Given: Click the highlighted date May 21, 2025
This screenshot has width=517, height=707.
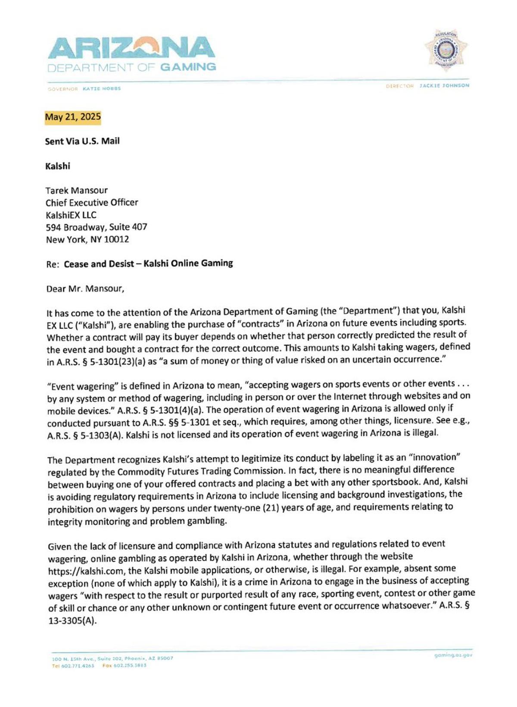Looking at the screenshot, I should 73,117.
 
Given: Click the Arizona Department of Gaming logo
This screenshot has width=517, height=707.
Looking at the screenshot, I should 131,54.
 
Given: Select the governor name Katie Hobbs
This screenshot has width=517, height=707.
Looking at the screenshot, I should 102,89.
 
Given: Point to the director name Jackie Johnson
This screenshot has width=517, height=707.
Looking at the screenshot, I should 444,86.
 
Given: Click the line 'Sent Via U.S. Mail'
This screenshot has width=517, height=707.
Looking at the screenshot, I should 82,141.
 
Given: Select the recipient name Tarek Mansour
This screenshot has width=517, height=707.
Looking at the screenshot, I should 77,191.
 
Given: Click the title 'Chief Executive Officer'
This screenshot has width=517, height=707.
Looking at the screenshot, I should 92,203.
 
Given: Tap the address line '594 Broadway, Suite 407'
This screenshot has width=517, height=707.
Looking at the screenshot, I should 97,227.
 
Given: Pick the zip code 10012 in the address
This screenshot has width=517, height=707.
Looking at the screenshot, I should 116,240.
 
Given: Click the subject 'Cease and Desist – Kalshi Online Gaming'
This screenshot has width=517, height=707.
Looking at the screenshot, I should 148,263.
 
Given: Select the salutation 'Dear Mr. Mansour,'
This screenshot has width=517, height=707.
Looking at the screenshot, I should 85,289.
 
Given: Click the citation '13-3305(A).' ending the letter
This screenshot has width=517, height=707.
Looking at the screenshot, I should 72,622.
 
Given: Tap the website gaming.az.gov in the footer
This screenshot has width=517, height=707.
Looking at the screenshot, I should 453,655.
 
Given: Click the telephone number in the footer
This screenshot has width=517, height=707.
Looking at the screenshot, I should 73,666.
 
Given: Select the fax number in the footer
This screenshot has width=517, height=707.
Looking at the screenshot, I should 130,666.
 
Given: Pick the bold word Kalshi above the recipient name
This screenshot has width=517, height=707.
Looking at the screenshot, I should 58,166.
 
